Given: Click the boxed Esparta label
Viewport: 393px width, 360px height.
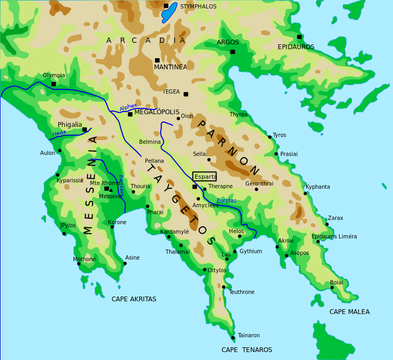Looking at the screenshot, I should click(205, 177).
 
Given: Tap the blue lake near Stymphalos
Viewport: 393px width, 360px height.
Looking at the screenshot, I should click(169, 13).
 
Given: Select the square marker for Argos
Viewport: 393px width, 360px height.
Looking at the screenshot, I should click(232, 51).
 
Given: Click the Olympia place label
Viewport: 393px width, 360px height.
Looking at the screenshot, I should click(54, 76).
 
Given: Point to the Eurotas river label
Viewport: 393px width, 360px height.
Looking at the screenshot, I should click(226, 201).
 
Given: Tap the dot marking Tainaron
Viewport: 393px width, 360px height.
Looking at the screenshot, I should click(233, 337).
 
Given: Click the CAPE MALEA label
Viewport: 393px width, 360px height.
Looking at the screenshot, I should click(349, 312).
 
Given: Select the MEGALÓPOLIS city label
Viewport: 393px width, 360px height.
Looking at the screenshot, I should click(157, 112).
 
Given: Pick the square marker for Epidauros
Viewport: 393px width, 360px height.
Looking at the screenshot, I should click(299, 37).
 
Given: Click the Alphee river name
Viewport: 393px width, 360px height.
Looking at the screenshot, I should click(129, 107).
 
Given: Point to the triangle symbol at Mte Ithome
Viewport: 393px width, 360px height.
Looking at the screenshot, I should click(111, 190).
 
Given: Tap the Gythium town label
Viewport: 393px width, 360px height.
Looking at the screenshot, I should click(251, 252).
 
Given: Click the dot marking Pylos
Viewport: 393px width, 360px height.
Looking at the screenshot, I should click(64, 233).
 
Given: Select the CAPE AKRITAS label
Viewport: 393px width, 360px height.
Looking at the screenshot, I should click(134, 299).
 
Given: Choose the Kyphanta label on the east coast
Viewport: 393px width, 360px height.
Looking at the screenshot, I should click(317, 187).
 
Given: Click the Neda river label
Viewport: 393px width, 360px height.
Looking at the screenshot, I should click(59, 133).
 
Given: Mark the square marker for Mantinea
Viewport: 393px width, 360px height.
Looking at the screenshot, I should click(157, 60).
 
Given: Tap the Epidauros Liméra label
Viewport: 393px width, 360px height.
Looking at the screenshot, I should click(334, 237).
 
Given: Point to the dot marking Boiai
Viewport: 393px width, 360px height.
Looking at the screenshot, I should click(332, 288).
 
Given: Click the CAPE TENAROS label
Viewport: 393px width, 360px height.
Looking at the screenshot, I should click(246, 350).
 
